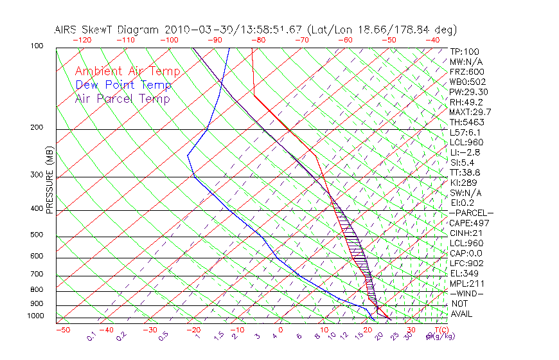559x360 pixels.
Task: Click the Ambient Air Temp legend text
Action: coord(127,71)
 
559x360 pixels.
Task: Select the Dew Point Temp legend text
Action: coord(123,85)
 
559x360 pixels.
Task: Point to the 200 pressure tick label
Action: coord(37,127)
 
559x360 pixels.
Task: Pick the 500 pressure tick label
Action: coord(37,235)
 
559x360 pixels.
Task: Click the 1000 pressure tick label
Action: coord(35,316)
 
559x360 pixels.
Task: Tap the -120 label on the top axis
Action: coord(82,40)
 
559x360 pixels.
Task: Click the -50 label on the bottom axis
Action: coord(62,330)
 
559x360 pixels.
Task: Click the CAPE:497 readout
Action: coord(470,223)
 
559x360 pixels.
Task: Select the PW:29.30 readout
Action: coord(470,92)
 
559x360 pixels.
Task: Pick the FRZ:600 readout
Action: coord(467,71)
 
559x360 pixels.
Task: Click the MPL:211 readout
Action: coord(467,283)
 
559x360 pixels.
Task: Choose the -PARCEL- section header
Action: coord(471,213)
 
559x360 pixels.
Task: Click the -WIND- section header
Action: coord(467,293)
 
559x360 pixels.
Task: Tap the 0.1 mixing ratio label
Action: coord(92,336)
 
